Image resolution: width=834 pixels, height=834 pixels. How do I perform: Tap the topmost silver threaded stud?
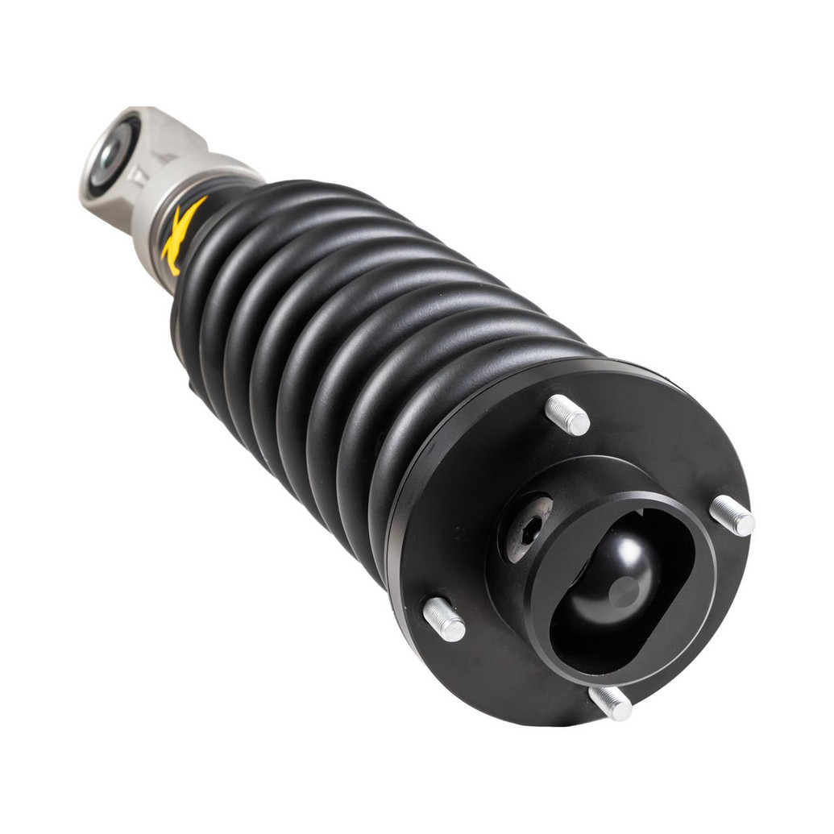pos(567,415)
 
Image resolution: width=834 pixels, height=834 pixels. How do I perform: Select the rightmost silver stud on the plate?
pos(732,516)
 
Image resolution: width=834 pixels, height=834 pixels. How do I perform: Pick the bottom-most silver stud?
pos(610,702)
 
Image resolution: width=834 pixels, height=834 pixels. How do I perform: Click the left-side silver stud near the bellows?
pos(444,620)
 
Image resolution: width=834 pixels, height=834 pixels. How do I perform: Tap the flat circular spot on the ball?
pos(625,591)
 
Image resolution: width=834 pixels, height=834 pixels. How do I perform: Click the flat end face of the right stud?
pos(745,525)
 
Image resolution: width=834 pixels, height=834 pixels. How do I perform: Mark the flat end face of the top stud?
pos(579,423)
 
